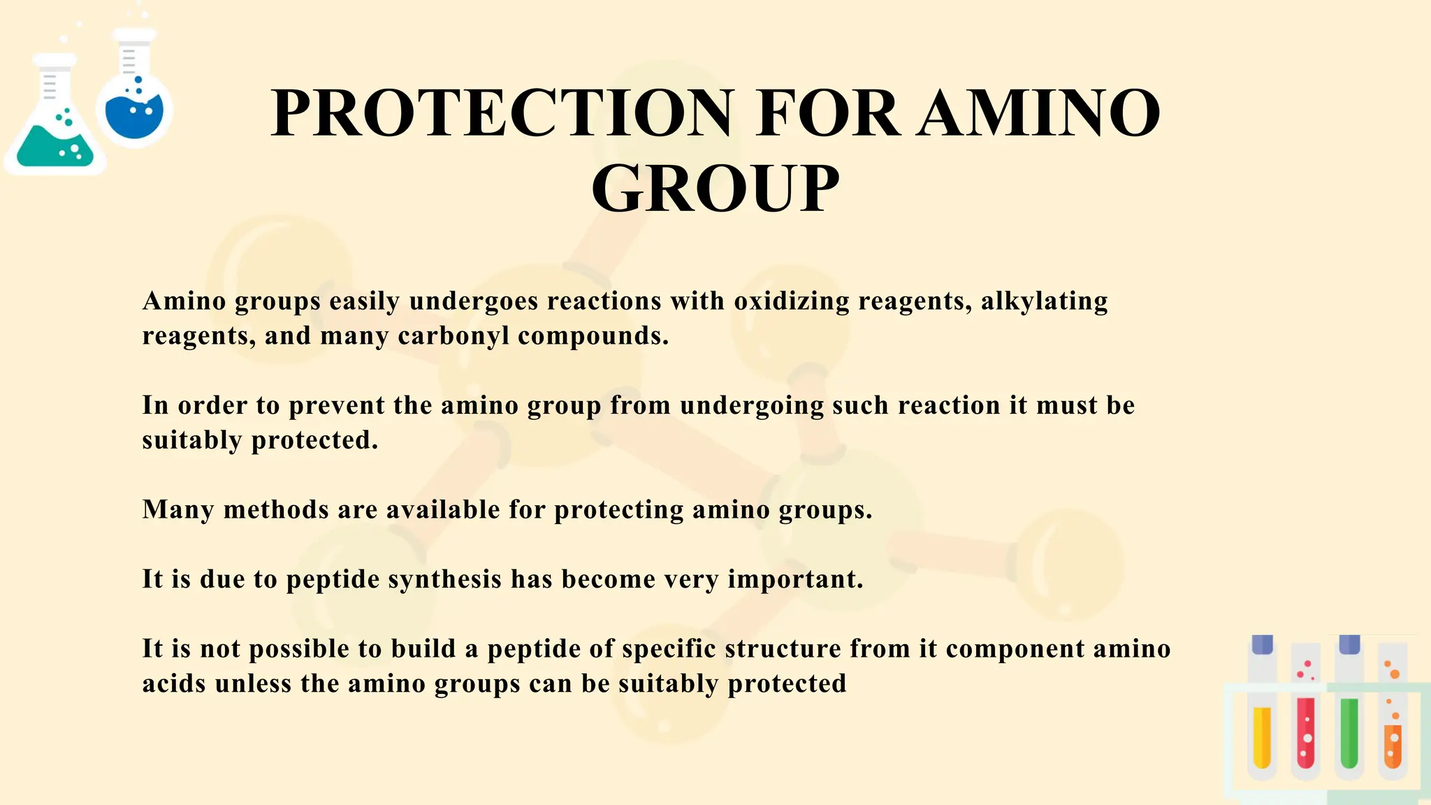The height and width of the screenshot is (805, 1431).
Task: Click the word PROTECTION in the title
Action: [x=503, y=113]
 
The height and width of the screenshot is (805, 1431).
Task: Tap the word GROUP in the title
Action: [x=715, y=189]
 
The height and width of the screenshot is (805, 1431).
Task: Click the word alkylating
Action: [x=1044, y=301]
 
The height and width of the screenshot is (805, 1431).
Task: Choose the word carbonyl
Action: [x=453, y=336]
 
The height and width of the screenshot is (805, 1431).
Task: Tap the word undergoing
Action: [x=752, y=405]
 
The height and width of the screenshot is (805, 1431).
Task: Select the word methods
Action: [x=276, y=509]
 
